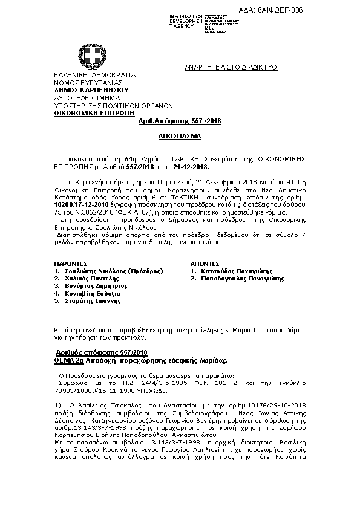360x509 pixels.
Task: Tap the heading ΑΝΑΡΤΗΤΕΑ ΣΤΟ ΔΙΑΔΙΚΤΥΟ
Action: (x=231, y=68)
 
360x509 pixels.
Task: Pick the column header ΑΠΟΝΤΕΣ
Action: (x=205, y=264)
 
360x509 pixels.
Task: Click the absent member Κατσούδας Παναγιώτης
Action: (x=237, y=271)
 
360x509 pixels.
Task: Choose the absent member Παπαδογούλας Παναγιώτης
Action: (x=242, y=279)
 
